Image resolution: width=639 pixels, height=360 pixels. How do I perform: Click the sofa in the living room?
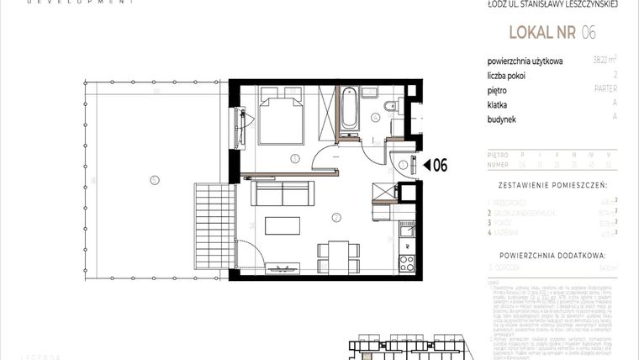click(283, 197)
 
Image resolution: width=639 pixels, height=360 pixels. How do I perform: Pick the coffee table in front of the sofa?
click(282, 225)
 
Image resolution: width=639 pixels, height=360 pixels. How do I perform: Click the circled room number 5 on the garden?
click(152, 178)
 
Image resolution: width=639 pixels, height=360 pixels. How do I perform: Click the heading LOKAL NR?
click(538, 34)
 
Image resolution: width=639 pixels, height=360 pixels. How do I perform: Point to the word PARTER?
click(605, 89)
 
